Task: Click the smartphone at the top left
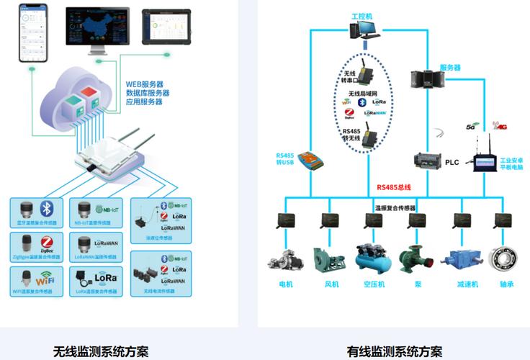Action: click(x=32, y=32)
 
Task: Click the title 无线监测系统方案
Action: click(x=101, y=351)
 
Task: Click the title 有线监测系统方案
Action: click(x=395, y=351)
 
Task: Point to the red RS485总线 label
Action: click(x=393, y=187)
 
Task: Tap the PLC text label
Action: click(x=452, y=163)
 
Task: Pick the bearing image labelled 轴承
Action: click(x=504, y=258)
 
